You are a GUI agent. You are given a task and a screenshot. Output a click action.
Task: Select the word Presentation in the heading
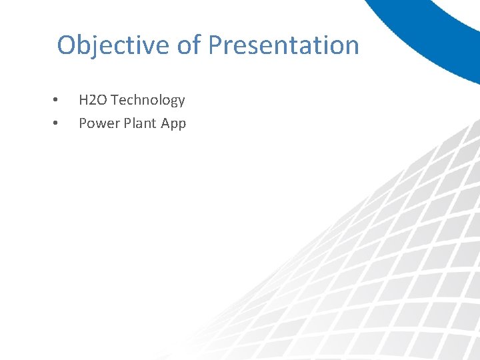[x=283, y=45]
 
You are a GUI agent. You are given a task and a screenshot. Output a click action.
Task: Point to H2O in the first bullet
[x=93, y=100]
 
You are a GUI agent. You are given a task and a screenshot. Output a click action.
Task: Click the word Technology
[x=148, y=101]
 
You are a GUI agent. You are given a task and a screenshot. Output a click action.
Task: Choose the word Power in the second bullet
[x=97, y=123]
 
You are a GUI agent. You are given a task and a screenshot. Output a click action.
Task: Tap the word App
[x=173, y=124]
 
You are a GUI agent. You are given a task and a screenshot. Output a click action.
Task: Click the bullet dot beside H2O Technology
[x=55, y=101]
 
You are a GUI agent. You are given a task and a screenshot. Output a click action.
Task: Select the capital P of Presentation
[x=215, y=45]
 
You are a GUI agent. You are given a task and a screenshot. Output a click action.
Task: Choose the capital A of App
[x=164, y=123]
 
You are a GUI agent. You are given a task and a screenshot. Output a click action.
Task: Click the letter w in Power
[x=101, y=124]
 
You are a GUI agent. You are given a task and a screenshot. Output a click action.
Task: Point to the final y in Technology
[x=181, y=102]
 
